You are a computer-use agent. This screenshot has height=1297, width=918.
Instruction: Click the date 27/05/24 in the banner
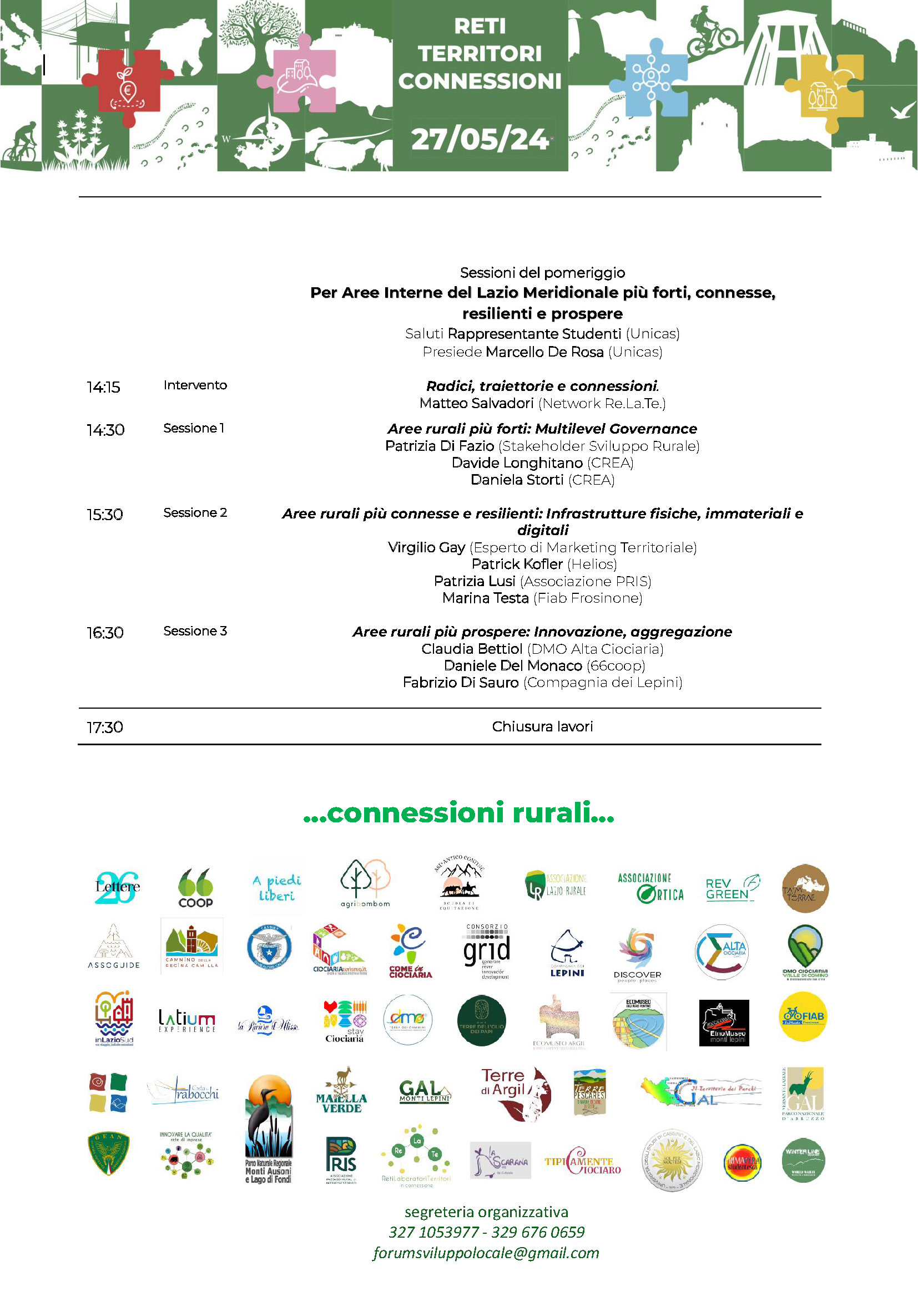click(480, 139)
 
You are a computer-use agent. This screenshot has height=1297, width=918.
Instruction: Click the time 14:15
click(103, 387)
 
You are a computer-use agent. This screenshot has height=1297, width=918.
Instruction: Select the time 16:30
click(105, 633)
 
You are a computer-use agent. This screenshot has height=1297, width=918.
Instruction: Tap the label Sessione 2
click(195, 513)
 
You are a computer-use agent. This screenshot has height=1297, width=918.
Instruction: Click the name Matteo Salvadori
click(477, 403)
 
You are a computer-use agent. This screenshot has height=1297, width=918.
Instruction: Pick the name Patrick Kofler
click(517, 564)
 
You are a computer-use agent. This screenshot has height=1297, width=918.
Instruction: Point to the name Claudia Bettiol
click(471, 649)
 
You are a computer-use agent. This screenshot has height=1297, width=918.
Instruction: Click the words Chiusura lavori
click(542, 726)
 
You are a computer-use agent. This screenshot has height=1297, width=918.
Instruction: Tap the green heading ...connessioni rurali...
click(458, 813)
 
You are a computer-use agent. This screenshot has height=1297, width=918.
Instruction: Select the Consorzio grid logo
click(486, 952)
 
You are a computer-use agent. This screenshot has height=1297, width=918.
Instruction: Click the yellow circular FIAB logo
click(803, 1017)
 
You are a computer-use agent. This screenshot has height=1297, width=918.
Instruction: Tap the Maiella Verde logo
click(341, 1092)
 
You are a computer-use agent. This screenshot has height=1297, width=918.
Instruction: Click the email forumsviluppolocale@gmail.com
click(486, 1253)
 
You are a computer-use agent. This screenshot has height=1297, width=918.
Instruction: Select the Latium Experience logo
click(186, 1021)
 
